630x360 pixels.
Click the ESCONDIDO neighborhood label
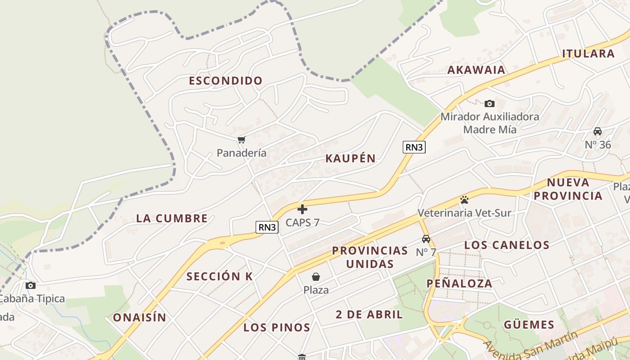[x=225, y=81]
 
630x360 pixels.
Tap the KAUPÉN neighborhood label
[x=350, y=158]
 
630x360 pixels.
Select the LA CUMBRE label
[x=171, y=219]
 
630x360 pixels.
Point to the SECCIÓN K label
[x=220, y=277]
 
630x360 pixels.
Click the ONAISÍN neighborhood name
[x=139, y=318]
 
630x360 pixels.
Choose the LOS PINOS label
[x=277, y=328]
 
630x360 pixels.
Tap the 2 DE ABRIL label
[x=369, y=315]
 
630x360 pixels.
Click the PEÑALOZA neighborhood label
[x=459, y=283]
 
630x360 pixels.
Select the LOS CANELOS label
[x=507, y=245]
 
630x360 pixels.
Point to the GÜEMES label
[x=529, y=324]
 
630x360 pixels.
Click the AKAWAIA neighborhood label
[x=476, y=70]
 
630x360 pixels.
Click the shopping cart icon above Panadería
[x=242, y=139]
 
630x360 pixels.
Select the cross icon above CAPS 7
[x=302, y=209]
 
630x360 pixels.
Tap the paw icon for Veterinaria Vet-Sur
[x=464, y=199]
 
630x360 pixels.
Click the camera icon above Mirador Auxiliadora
[x=490, y=104]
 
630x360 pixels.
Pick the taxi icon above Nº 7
[x=426, y=239]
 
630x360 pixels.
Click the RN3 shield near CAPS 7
[x=267, y=227]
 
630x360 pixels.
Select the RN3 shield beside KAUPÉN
[x=414, y=147]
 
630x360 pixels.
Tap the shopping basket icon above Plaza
[x=316, y=277]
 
